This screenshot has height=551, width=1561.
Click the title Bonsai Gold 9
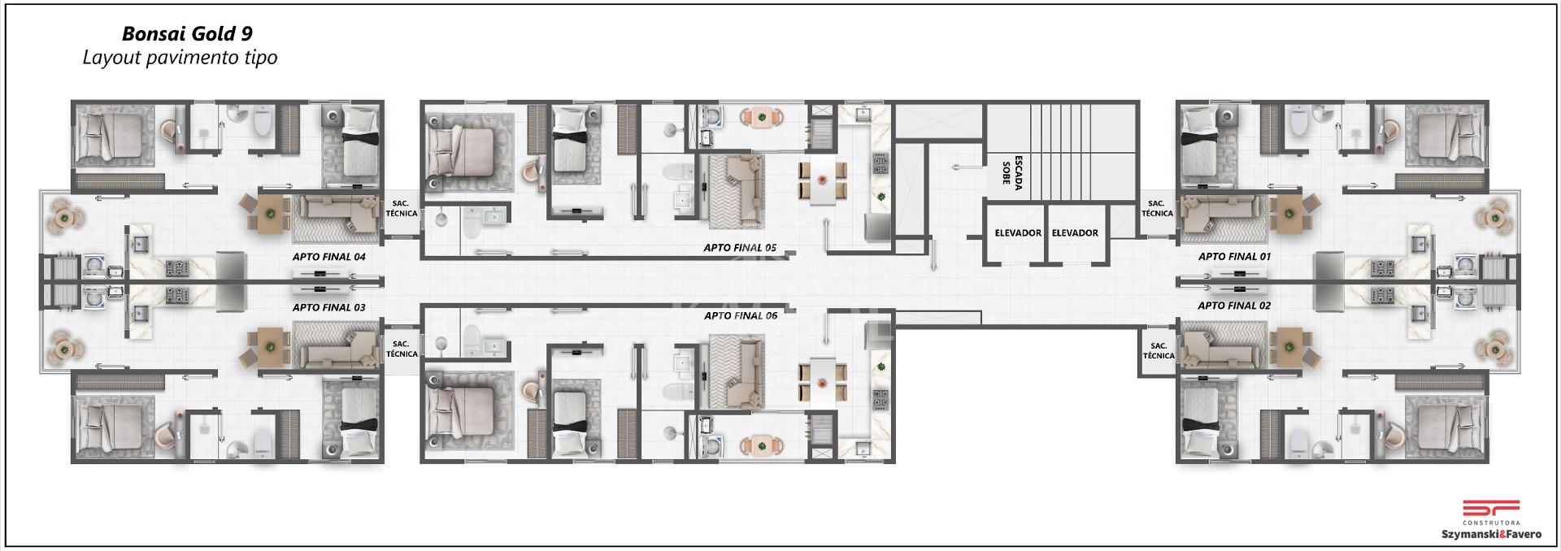coord(187,33)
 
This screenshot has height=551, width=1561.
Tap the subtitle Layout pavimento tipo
coord(180,58)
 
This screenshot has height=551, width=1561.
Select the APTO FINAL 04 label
coord(328,257)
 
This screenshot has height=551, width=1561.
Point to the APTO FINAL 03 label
coord(328,308)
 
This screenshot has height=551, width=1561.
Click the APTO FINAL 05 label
coord(740,248)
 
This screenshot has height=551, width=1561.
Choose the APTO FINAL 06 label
coord(741,316)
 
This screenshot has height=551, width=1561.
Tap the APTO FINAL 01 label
coord(1234,257)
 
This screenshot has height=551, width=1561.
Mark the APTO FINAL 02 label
coord(1234,306)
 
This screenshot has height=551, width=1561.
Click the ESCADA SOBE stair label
coord(1012,171)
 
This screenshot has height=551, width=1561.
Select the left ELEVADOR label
coord(1018,233)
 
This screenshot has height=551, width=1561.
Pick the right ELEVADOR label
coord(1075,233)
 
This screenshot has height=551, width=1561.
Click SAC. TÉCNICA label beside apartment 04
coord(401,209)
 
